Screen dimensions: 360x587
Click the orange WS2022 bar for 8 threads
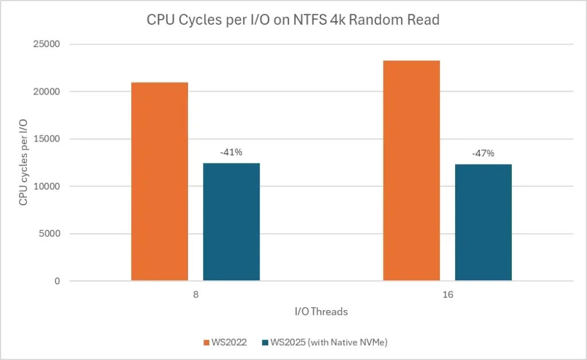coord(159,181)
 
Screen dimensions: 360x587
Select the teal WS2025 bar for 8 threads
coord(231,222)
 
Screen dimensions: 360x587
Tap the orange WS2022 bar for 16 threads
coord(411,170)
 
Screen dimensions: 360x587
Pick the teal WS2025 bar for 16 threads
coord(483,222)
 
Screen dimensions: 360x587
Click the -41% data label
coord(231,153)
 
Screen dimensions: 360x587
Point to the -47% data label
coord(483,153)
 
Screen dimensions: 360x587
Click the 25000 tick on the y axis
coord(50,44)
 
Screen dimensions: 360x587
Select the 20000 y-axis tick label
coord(50,92)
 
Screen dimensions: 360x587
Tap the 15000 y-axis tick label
coord(50,139)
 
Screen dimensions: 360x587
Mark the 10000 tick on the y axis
coord(50,186)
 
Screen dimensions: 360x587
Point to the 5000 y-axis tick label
coord(53,234)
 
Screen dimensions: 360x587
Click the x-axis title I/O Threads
coord(321,312)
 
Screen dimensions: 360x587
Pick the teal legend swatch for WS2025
coord(264,343)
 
